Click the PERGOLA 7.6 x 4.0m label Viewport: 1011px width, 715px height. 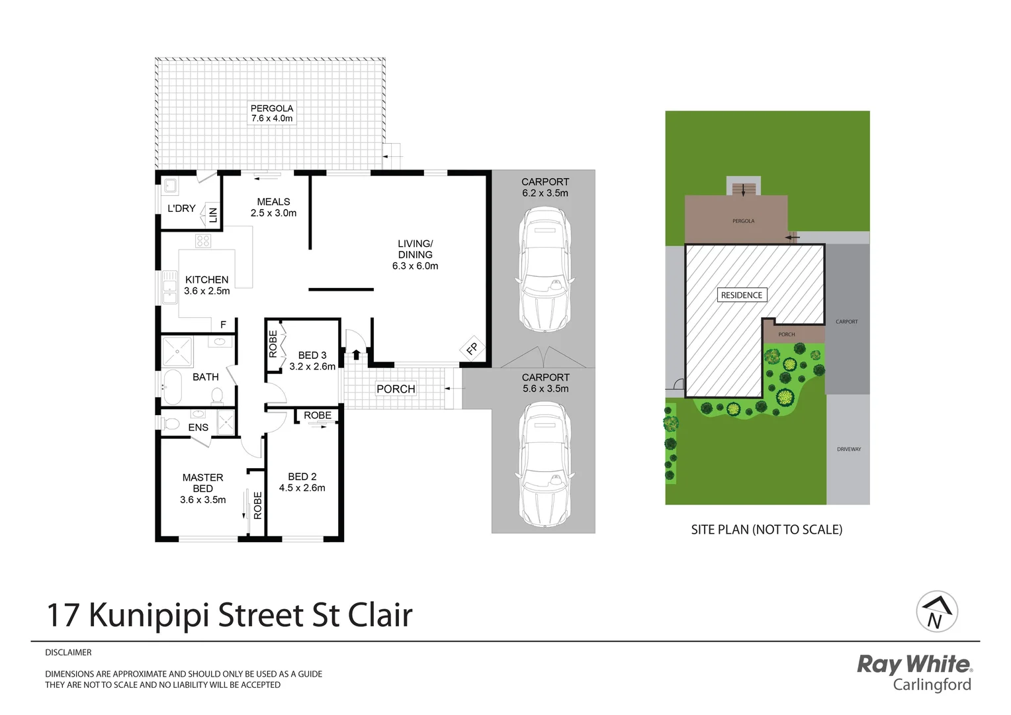[x=271, y=113]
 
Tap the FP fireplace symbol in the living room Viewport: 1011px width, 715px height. [x=472, y=348]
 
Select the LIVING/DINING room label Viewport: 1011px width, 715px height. [x=415, y=254]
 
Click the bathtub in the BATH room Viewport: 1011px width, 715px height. [x=172, y=387]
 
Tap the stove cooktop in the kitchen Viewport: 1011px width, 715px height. [x=203, y=241]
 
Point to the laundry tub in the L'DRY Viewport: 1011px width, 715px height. [x=169, y=186]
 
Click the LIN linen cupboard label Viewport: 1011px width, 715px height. [x=213, y=215]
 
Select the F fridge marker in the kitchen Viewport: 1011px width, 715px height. [x=223, y=324]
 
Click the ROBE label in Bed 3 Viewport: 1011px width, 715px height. [x=273, y=344]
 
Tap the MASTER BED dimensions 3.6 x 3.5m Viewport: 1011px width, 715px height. [x=202, y=500]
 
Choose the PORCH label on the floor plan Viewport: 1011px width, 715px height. [x=396, y=389]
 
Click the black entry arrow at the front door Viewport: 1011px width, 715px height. [x=356, y=354]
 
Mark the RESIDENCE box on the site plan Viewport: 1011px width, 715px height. [x=741, y=295]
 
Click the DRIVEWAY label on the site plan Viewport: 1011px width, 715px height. [x=848, y=449]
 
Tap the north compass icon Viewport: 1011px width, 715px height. [x=936, y=612]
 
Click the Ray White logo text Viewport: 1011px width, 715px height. [x=914, y=663]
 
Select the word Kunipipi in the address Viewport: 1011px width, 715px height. [x=150, y=615]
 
